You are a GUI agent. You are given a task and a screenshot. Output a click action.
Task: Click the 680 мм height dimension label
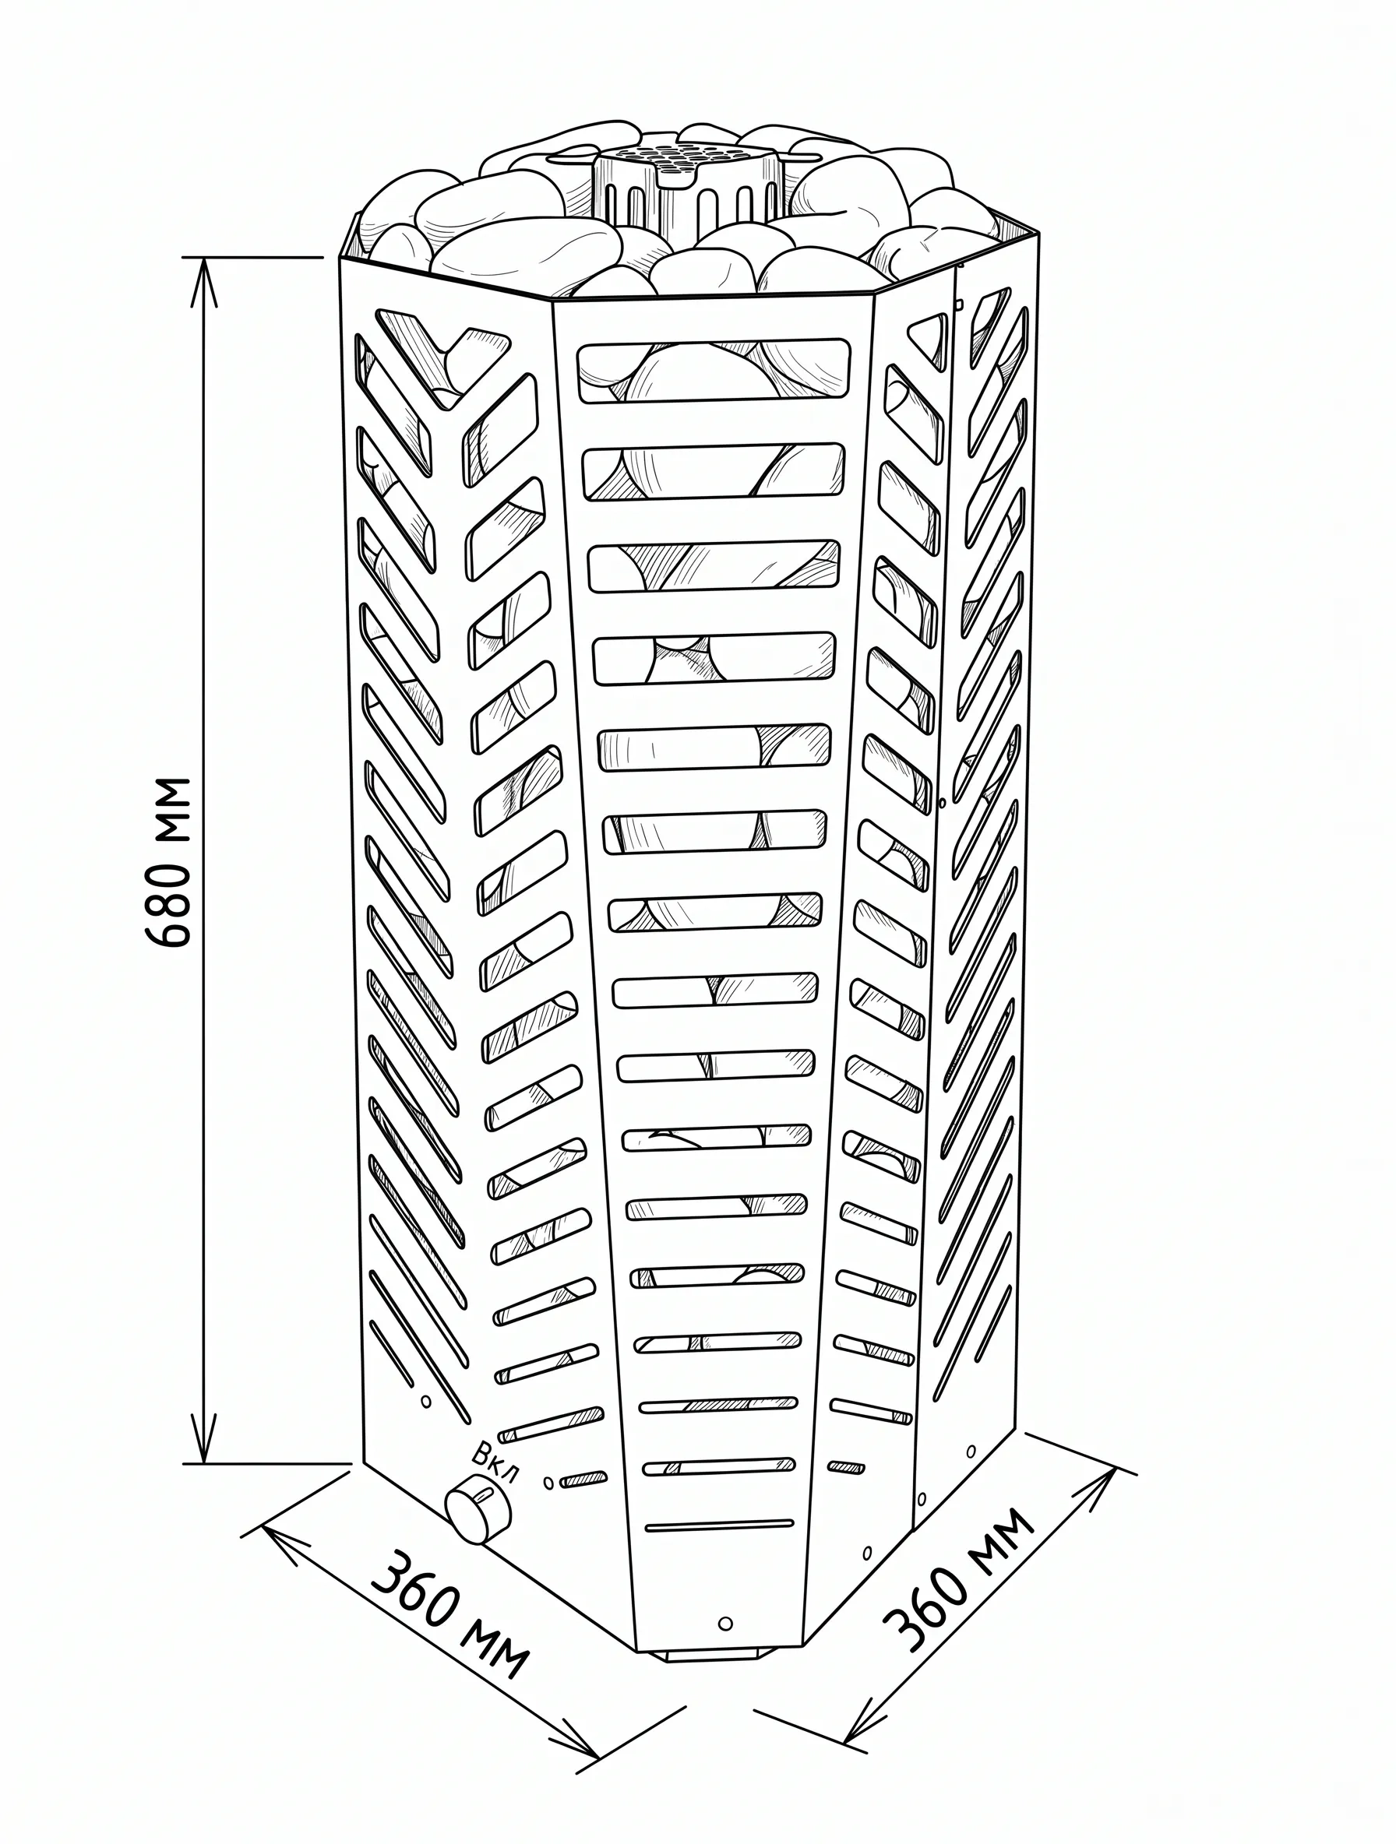click(167, 863)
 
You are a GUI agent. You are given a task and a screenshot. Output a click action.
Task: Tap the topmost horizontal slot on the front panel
click(715, 370)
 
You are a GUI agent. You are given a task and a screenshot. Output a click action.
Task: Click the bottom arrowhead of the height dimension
click(204, 1438)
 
